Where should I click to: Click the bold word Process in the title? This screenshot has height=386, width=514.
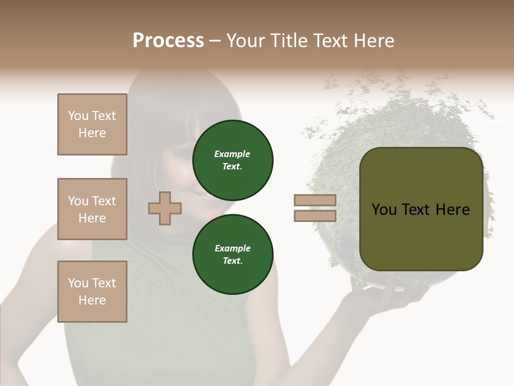tap(168, 41)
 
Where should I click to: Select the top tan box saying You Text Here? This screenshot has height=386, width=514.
tap(92, 124)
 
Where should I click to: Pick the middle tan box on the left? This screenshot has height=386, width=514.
tap(92, 209)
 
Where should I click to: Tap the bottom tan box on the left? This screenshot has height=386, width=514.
tap(92, 292)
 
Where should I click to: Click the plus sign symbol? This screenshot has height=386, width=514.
tap(165, 208)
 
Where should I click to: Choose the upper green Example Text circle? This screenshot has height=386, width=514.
tap(232, 160)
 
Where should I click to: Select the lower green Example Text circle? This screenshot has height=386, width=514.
tap(232, 255)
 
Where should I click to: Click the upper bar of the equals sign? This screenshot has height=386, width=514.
tap(315, 201)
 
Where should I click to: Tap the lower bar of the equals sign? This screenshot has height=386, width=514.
tap(315, 216)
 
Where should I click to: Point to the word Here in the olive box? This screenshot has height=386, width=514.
tap(452, 210)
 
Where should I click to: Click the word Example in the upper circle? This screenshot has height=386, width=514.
tap(232, 154)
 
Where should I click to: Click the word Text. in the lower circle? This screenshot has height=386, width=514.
tap(232, 261)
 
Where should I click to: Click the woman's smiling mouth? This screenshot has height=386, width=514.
tap(202, 196)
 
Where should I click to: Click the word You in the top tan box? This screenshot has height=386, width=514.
tap(78, 116)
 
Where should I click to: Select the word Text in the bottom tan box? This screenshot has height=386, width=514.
tap(104, 283)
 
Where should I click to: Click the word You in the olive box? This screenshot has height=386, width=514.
tap(384, 210)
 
